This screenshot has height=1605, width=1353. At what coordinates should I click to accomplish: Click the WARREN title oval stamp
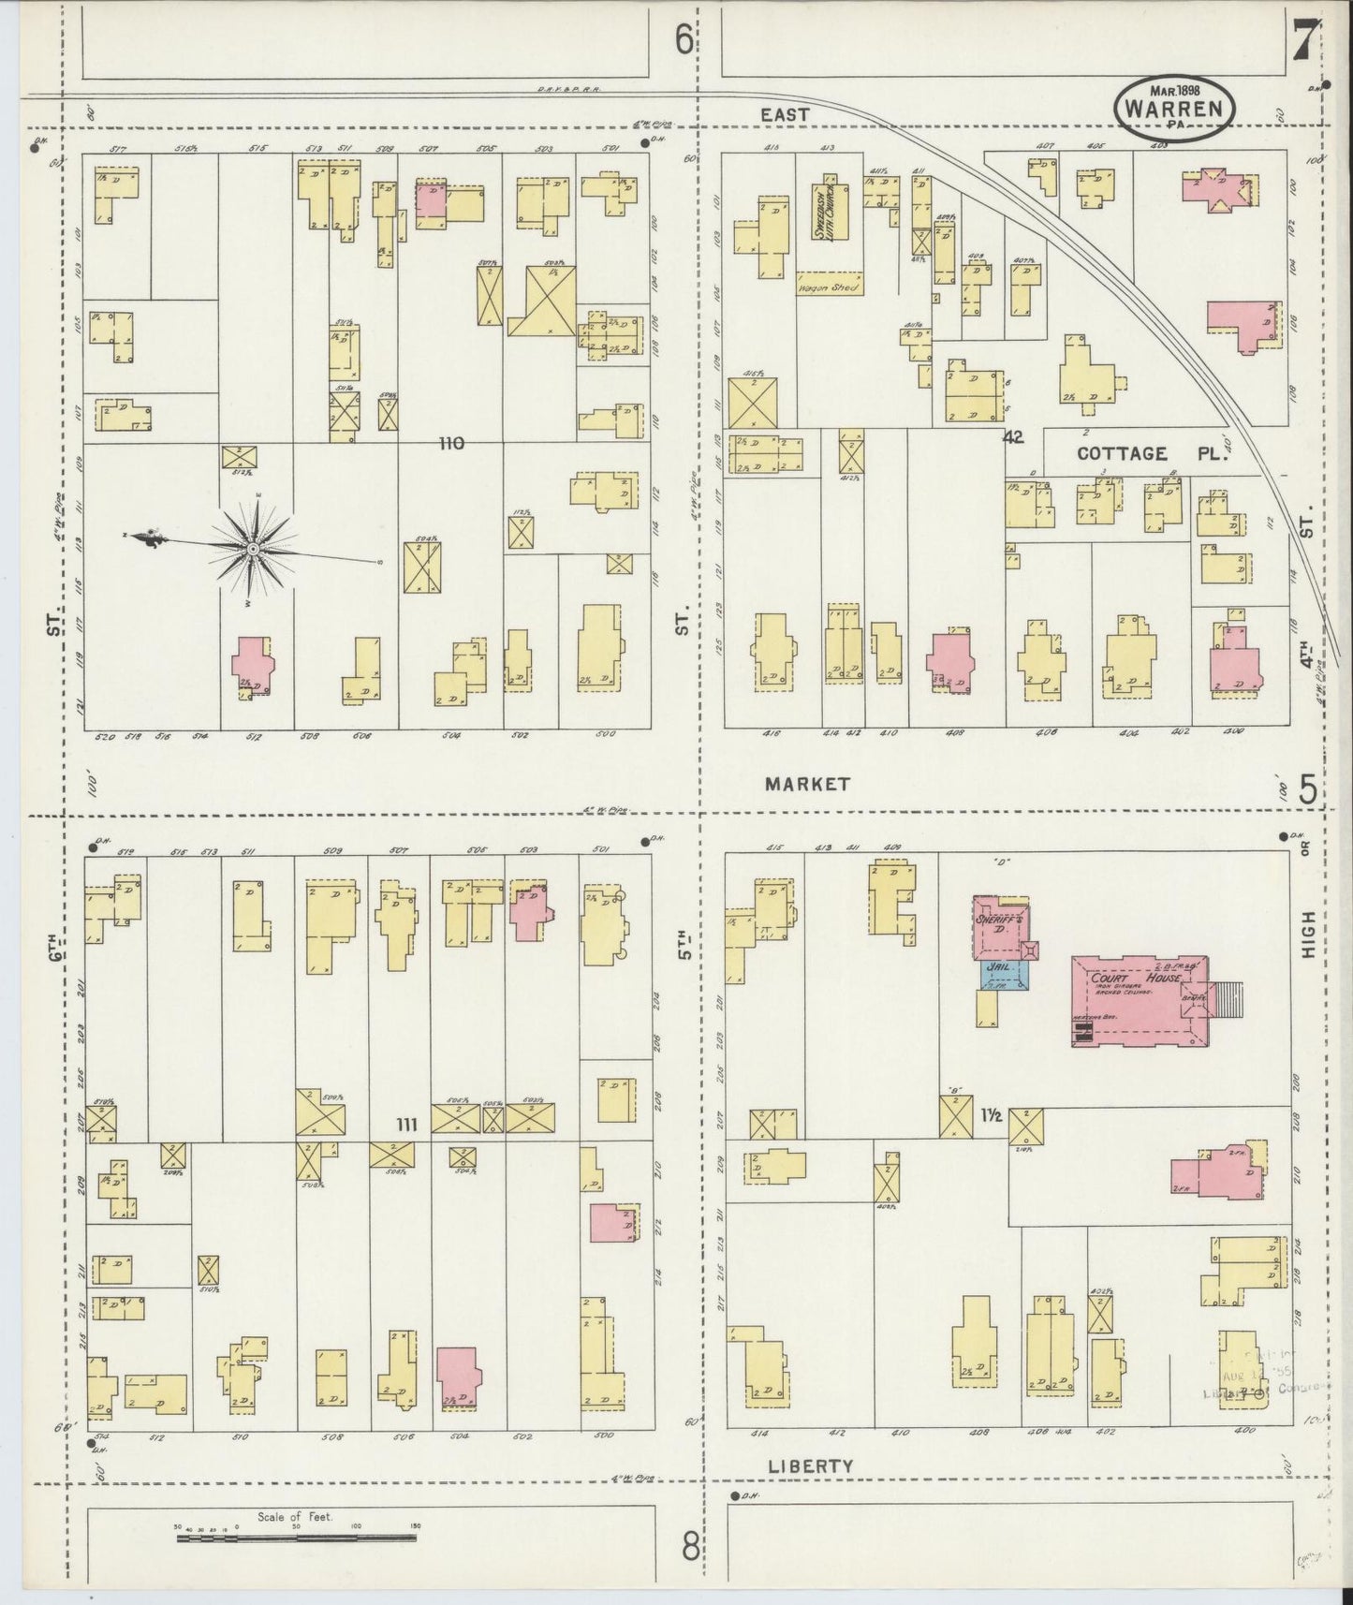1175,109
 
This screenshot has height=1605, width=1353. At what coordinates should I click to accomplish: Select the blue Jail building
1004,975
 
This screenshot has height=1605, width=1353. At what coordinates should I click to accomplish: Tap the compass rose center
253,546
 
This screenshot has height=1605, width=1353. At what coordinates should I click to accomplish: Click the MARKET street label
807,784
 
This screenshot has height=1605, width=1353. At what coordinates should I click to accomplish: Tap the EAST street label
785,113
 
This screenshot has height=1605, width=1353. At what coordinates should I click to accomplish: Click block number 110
451,442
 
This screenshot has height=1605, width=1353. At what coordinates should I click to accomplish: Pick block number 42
1012,437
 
